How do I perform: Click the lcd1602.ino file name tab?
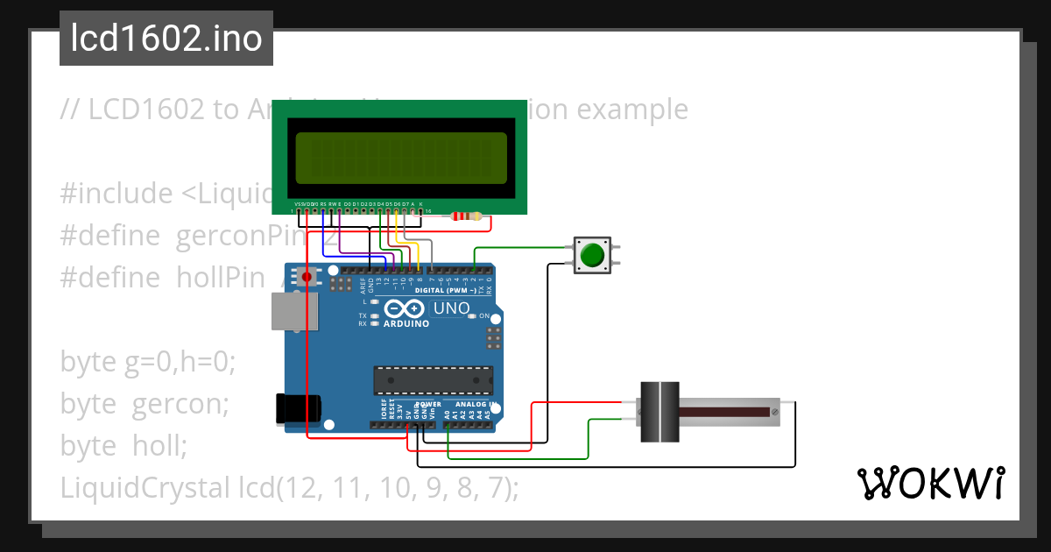coord(166,39)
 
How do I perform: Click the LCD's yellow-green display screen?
coord(402,158)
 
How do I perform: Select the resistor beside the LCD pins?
coord(465,216)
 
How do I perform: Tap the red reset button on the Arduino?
coord(307,278)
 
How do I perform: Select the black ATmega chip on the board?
coord(433,380)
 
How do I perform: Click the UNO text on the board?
coord(451,308)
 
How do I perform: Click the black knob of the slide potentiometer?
coord(659,411)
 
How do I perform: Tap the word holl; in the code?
coord(160,446)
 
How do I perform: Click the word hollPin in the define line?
coord(221,278)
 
